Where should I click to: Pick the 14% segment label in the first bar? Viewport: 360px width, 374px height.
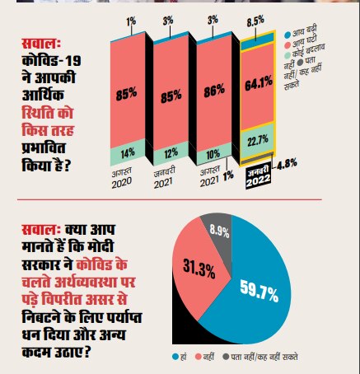tap(128, 152)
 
